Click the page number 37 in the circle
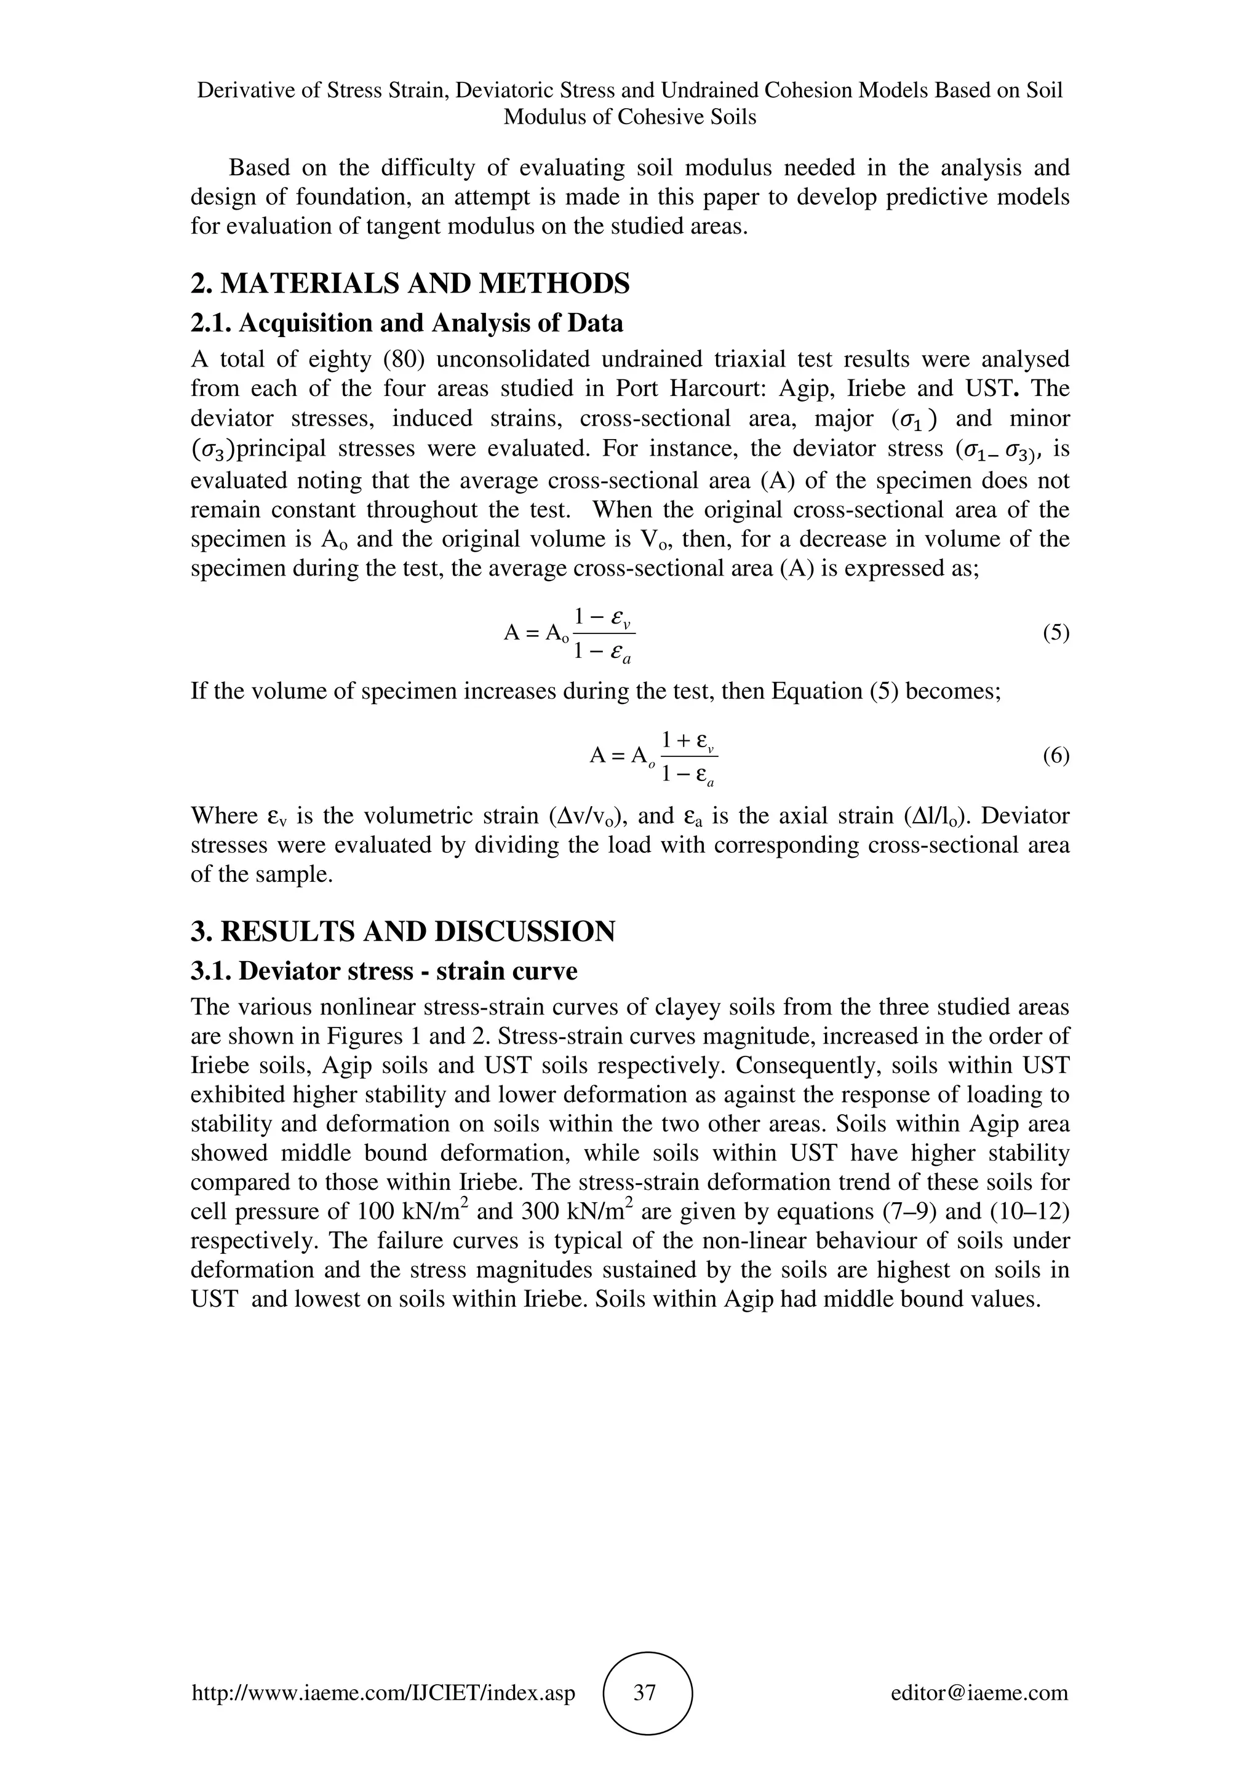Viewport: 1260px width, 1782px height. click(x=645, y=1693)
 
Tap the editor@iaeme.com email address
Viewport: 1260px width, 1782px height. click(x=979, y=1693)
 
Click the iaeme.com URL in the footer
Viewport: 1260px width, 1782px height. click(x=383, y=1693)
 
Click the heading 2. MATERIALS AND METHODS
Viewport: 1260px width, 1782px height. click(x=410, y=284)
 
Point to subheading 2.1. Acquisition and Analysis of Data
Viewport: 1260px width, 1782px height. click(x=407, y=323)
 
